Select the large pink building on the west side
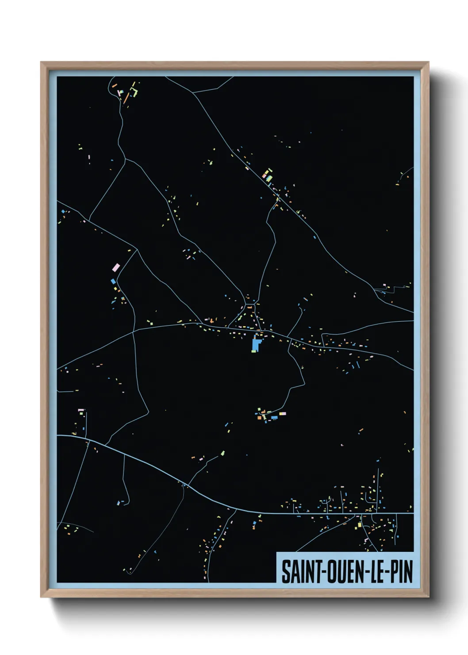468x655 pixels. point(116,267)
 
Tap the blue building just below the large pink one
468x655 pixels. point(112,281)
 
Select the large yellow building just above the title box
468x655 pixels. point(359,525)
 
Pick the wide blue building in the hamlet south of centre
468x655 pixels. point(274,417)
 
